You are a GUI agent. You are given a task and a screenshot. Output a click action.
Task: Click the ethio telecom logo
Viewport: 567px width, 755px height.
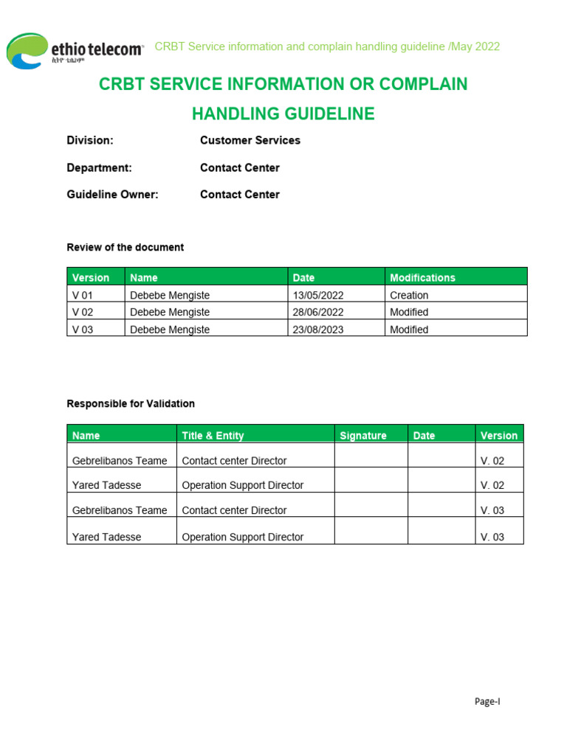pyautogui.click(x=74, y=51)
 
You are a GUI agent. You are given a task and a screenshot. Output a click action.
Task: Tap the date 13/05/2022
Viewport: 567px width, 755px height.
pyautogui.click(x=318, y=295)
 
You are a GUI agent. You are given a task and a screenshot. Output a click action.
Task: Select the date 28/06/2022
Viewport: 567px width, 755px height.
pyautogui.click(x=318, y=312)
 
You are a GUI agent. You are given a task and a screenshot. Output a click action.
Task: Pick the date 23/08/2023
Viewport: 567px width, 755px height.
pyautogui.click(x=318, y=330)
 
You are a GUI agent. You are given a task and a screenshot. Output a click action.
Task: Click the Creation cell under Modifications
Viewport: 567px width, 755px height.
pyautogui.click(x=409, y=295)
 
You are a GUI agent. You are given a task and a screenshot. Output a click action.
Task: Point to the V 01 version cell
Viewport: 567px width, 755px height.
pyautogui.click(x=83, y=295)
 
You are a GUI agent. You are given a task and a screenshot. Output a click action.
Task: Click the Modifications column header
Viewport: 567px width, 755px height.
pyautogui.click(x=422, y=278)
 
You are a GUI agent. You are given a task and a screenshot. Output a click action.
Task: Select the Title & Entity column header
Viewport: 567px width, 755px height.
pyautogui.click(x=213, y=436)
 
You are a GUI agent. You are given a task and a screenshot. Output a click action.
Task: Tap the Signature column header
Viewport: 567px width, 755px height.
pyautogui.click(x=362, y=436)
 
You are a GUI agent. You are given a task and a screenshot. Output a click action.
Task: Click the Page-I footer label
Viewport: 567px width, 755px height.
pyautogui.click(x=487, y=702)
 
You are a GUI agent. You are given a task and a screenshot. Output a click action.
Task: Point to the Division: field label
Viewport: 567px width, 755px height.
pyautogui.click(x=90, y=140)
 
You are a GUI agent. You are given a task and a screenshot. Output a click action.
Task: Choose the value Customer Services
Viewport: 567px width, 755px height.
pyautogui.click(x=250, y=140)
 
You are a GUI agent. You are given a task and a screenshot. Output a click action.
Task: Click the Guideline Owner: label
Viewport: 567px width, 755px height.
pyautogui.click(x=112, y=195)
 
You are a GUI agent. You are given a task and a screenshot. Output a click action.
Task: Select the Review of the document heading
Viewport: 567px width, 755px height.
pyautogui.click(x=126, y=247)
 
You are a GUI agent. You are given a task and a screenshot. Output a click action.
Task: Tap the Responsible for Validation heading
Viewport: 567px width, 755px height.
pyautogui.click(x=131, y=403)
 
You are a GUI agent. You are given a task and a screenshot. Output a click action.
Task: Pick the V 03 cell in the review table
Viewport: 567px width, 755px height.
pyautogui.click(x=83, y=330)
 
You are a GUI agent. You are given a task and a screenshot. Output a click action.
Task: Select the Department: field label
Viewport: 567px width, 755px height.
pyautogui.click(x=99, y=167)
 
